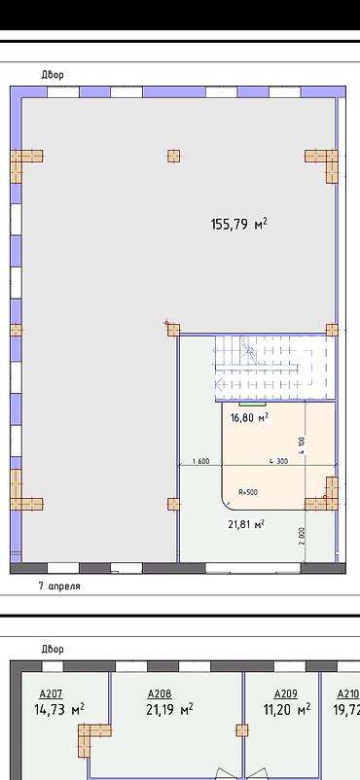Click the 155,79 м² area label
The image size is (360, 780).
click(239, 225)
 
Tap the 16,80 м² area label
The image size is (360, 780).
click(249, 417)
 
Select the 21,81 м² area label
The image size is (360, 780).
click(246, 524)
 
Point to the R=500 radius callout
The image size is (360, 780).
click(247, 492)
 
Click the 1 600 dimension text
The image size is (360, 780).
click(200, 461)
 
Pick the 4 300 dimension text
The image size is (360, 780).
click(278, 461)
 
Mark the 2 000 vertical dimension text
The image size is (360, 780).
click(304, 536)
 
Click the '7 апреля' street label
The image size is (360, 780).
click(59, 586)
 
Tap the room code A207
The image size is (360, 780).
click(52, 693)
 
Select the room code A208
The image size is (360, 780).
click(160, 693)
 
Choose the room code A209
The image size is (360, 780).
click(286, 693)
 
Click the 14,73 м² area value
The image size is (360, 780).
click(58, 708)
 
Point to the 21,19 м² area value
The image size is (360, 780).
click(170, 708)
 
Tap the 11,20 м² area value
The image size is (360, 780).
click(287, 708)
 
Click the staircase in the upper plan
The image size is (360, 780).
click(275, 368)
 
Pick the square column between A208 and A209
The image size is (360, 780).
click(242, 730)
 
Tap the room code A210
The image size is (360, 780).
click(348, 693)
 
